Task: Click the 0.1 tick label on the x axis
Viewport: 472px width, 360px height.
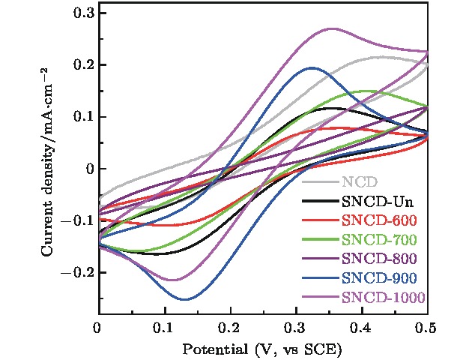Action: click(x=163, y=328)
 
